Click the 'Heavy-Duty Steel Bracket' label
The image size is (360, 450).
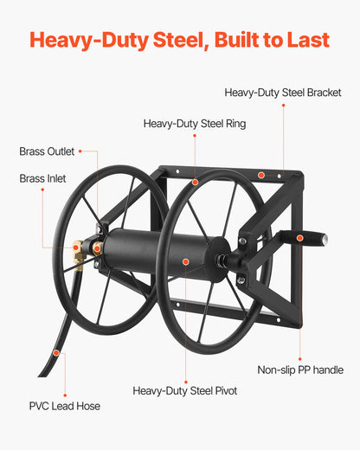point(282,93)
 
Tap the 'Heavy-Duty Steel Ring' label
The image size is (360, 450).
point(195,124)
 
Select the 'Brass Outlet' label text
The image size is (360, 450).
point(47,151)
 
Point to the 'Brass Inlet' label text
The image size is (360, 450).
point(42,178)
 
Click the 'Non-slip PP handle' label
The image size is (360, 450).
point(300,370)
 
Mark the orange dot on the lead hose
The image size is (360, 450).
point(55,353)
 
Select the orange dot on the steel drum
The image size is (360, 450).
point(183,259)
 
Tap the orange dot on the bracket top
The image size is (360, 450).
point(260,175)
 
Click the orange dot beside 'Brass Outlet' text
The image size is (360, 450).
point(80,151)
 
